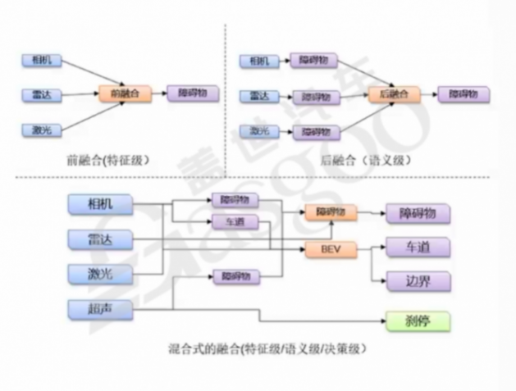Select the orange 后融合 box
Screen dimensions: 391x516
tap(394, 93)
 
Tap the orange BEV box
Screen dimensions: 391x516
tap(331, 249)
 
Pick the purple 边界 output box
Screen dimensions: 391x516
tap(417, 281)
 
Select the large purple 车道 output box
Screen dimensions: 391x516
tap(417, 247)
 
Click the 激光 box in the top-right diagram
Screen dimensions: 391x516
tap(259, 130)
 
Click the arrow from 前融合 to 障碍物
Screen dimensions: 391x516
tap(157, 93)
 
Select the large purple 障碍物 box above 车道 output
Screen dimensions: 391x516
tap(417, 213)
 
